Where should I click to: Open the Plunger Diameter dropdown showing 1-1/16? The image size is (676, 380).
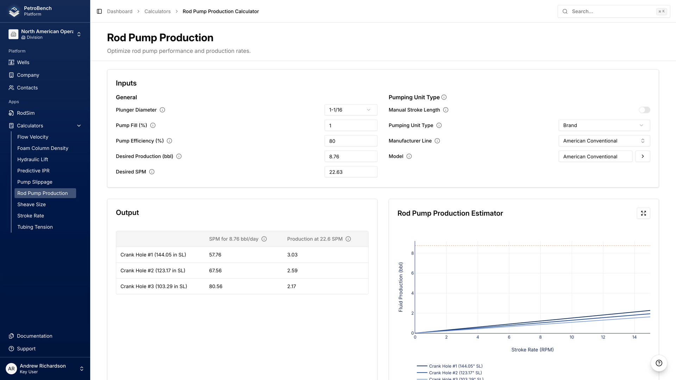click(x=350, y=110)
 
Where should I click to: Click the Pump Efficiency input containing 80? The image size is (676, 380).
click(x=350, y=141)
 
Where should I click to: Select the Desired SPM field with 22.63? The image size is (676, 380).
click(x=350, y=172)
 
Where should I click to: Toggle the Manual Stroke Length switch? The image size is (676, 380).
click(x=644, y=110)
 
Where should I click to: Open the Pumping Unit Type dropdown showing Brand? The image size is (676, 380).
click(x=604, y=125)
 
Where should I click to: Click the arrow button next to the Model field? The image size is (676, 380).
click(x=643, y=156)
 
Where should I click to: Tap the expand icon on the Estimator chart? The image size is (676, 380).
click(x=643, y=213)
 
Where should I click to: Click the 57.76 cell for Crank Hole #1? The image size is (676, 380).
click(x=215, y=255)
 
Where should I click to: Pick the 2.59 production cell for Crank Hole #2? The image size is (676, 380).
click(x=292, y=271)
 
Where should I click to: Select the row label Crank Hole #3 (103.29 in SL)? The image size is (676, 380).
click(x=154, y=286)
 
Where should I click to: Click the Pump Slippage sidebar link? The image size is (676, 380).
click(x=35, y=182)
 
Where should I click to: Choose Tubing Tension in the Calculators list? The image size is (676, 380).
click(x=35, y=227)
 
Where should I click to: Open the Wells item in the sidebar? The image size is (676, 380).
click(x=23, y=62)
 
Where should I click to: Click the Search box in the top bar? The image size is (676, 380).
click(x=613, y=11)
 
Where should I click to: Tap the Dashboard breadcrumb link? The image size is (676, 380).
click(x=120, y=11)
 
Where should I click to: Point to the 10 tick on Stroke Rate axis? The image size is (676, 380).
click(x=572, y=337)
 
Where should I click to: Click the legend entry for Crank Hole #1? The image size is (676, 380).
click(x=456, y=366)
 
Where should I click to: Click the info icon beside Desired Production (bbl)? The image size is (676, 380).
click(x=179, y=156)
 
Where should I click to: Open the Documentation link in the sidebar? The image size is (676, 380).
click(x=35, y=336)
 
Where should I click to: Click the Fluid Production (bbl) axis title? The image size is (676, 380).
click(x=401, y=287)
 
